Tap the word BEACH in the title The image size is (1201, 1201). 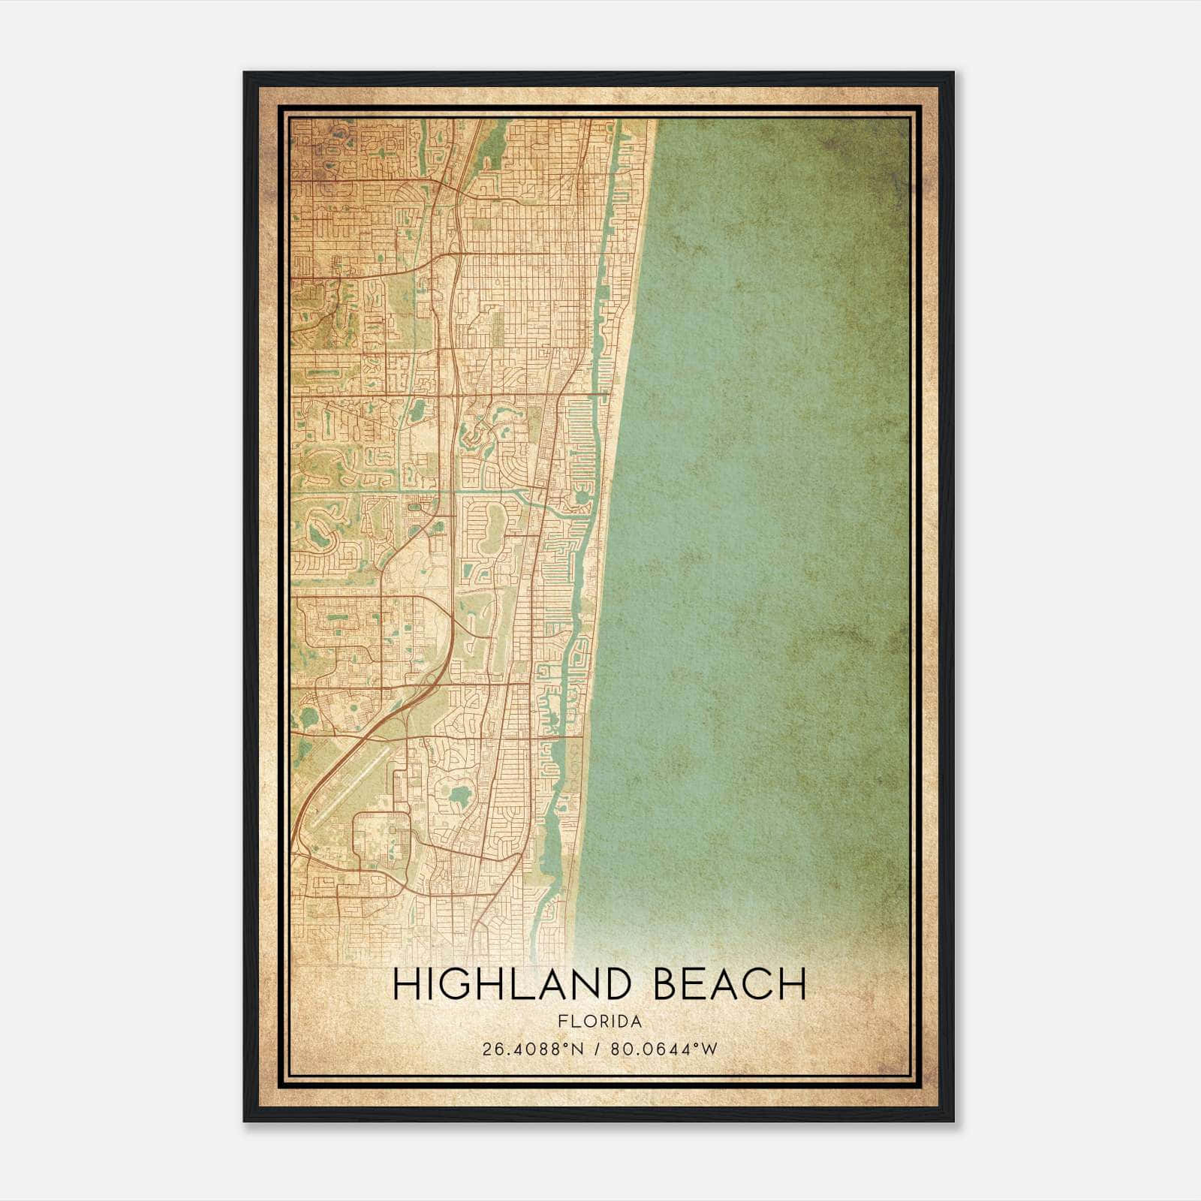point(730,985)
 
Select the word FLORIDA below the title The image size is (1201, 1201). point(600,1022)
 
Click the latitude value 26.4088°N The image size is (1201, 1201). point(533,1049)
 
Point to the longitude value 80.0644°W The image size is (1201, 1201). point(664,1049)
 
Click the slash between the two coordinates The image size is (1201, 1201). point(597,1049)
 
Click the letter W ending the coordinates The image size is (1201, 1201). point(710,1049)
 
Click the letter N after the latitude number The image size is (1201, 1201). point(577,1049)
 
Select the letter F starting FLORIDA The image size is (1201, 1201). point(561,1022)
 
